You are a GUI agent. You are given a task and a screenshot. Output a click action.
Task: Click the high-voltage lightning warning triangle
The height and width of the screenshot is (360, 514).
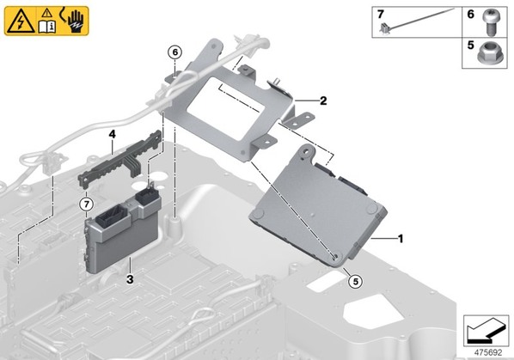pyautogui.click(x=21, y=22)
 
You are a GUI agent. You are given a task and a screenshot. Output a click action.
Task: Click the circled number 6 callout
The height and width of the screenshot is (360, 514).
pyautogui.click(x=175, y=52)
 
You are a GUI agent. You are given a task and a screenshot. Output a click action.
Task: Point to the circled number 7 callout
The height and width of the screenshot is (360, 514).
pyautogui.click(x=86, y=204)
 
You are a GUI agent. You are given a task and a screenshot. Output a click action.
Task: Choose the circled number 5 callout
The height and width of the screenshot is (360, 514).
pyautogui.click(x=355, y=281)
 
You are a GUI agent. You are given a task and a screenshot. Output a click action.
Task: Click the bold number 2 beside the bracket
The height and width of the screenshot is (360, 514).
pyautogui.click(x=323, y=101)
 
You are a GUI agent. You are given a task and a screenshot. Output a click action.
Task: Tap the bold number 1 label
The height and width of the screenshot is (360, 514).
pyautogui.click(x=400, y=239)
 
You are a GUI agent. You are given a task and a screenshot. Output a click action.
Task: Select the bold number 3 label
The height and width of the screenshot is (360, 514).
pyautogui.click(x=130, y=279)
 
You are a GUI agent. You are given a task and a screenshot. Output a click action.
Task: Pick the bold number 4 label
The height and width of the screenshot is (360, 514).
pyautogui.click(x=112, y=134)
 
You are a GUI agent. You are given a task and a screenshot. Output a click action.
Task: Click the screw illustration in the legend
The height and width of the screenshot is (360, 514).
pyautogui.click(x=490, y=21)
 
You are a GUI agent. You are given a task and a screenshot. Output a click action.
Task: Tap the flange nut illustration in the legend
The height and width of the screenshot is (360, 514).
pyautogui.click(x=487, y=54)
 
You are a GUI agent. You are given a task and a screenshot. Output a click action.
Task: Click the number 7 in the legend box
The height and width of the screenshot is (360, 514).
pyautogui.click(x=380, y=15)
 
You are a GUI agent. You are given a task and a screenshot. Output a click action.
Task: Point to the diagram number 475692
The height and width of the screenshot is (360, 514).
pyautogui.click(x=488, y=352)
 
